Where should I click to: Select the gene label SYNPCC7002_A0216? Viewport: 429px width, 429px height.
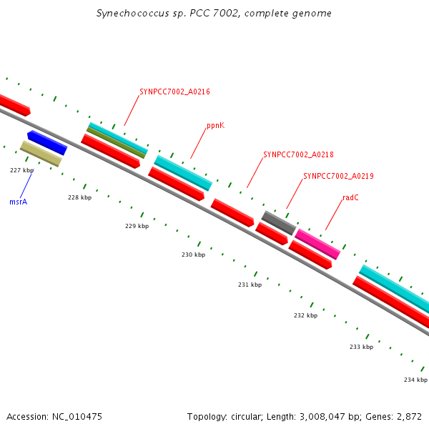pyautogui.click(x=174, y=92)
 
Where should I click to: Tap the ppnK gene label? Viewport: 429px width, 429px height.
pyautogui.click(x=215, y=126)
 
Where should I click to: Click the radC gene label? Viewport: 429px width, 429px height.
pyautogui.click(x=350, y=197)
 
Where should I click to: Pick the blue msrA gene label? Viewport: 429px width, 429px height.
pyautogui.click(x=18, y=202)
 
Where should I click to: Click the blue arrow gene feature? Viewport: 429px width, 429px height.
pyautogui.click(x=47, y=142)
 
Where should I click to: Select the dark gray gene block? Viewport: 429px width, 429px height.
pyautogui.click(x=278, y=222)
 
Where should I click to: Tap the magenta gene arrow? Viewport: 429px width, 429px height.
pyautogui.click(x=317, y=244)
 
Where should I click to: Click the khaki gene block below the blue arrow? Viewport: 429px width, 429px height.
pyautogui.click(x=41, y=154)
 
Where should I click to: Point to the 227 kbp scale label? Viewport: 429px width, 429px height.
pyautogui.click(x=22, y=170)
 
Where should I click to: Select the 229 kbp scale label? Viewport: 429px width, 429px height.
pyautogui.click(x=137, y=226)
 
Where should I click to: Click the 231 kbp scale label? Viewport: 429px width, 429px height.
pyautogui.click(x=250, y=285)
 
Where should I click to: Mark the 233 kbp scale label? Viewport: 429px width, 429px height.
pyautogui.click(x=361, y=347)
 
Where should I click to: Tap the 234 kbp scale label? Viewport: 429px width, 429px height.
pyautogui.click(x=415, y=380)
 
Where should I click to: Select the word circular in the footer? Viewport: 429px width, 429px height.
pyautogui.click(x=253, y=416)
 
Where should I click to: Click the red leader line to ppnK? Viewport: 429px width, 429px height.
pyautogui.click(x=199, y=144)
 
